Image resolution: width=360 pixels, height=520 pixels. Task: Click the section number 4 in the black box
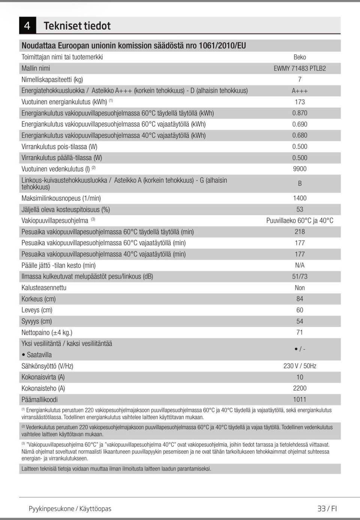[27, 26]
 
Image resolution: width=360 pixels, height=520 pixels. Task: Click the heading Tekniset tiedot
[77, 26]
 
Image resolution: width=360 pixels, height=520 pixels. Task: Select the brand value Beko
[300, 57]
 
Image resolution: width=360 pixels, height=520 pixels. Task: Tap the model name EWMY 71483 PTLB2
[300, 68]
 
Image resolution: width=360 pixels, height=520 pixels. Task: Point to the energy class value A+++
[300, 91]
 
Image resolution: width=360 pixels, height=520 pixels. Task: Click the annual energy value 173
[300, 102]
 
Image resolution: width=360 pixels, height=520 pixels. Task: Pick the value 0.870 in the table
[300, 113]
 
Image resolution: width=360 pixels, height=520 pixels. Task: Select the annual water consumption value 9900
[300, 169]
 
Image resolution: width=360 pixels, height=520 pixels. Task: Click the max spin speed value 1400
[300, 198]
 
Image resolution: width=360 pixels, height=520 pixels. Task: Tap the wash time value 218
[300, 232]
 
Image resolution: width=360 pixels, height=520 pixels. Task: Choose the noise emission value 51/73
[300, 277]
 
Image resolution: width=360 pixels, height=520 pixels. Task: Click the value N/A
[300, 265]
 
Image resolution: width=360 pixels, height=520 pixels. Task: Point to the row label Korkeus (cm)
[39, 299]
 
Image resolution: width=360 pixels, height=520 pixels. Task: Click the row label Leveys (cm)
[37, 310]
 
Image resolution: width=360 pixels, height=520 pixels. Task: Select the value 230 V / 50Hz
[300, 366]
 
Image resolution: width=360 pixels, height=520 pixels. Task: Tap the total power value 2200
[300, 388]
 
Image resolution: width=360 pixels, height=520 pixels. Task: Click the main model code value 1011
[300, 400]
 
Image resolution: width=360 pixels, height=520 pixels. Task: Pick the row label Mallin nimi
[36, 68]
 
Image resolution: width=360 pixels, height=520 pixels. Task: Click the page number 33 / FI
[327, 509]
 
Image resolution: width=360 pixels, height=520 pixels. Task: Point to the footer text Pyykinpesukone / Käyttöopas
[70, 509]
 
